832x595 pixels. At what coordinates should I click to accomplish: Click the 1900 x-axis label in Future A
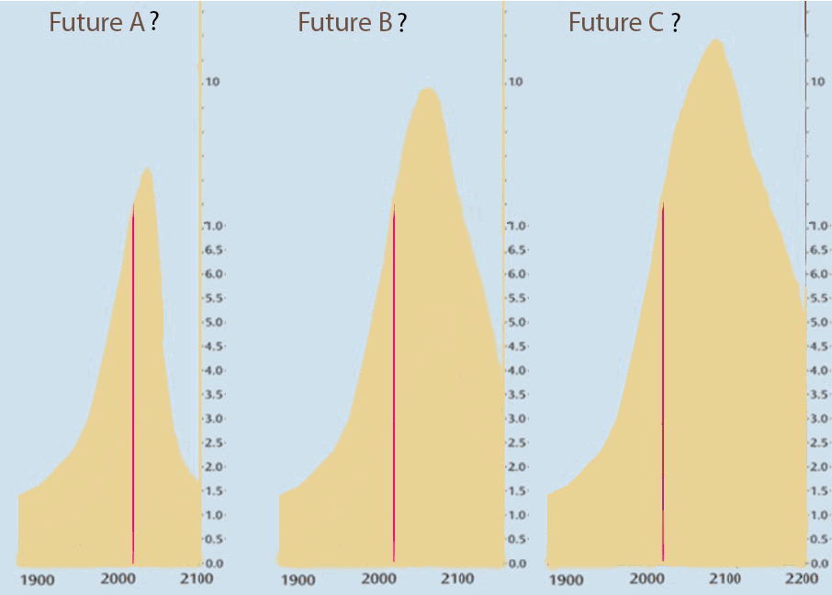[38, 579]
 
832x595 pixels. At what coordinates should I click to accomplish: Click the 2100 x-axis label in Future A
[197, 579]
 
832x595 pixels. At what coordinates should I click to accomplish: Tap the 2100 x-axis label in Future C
[725, 579]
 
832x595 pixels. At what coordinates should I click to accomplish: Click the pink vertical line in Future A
[133, 386]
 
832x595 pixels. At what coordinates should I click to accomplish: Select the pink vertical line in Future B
[394, 386]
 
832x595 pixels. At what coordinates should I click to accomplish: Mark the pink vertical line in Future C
[662, 386]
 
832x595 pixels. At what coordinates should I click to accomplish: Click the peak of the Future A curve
[145, 169]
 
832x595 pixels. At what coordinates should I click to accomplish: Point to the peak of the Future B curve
[426, 89]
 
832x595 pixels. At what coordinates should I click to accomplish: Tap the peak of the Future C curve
[714, 39]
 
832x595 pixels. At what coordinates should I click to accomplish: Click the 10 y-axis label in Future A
[214, 83]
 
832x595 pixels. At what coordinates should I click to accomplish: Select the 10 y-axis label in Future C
[817, 83]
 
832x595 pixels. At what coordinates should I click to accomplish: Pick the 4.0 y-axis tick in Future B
[516, 370]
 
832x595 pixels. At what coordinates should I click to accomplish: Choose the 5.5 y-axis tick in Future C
[817, 298]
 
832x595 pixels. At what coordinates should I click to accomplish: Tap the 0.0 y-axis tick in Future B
[516, 563]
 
